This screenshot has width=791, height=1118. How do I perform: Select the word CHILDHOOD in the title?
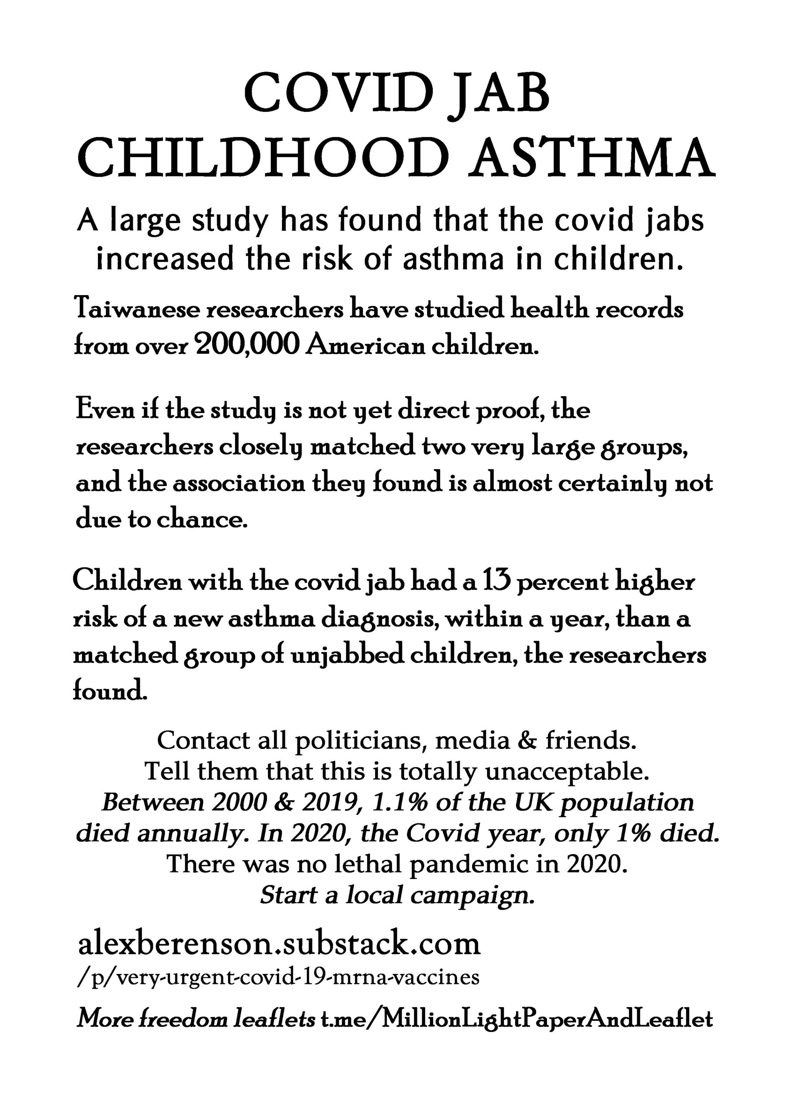point(263,157)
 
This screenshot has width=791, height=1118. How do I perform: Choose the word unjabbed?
point(347,656)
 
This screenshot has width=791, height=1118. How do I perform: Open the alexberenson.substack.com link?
point(279,944)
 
